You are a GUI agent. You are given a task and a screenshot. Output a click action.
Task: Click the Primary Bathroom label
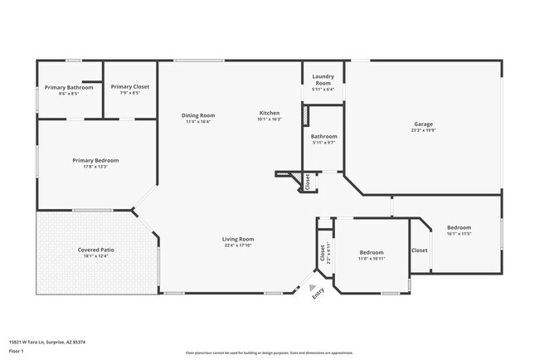(69, 87)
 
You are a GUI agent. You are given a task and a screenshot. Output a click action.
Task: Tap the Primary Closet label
(130, 86)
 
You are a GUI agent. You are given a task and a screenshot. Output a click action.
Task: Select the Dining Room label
(198, 115)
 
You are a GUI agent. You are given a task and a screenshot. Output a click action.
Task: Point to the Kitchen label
(269, 113)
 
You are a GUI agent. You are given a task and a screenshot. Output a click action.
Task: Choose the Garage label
(424, 124)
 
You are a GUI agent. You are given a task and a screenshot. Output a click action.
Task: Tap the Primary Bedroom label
(95, 160)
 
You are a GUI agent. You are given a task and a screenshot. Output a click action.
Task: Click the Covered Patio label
(95, 250)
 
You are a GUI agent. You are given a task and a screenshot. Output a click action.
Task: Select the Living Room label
(237, 239)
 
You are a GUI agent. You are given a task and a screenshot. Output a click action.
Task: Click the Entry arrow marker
(313, 286)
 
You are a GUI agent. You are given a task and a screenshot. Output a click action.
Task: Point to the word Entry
(318, 294)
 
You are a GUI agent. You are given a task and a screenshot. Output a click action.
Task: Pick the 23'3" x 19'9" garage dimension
(424, 130)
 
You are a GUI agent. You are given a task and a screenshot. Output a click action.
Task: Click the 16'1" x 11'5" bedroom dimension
(459, 234)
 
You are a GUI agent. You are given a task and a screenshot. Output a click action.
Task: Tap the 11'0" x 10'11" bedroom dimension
(371, 259)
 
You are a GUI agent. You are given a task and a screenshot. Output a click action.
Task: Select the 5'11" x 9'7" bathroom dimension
(323, 143)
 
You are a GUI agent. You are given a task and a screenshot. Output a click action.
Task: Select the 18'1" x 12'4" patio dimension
(95, 256)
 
